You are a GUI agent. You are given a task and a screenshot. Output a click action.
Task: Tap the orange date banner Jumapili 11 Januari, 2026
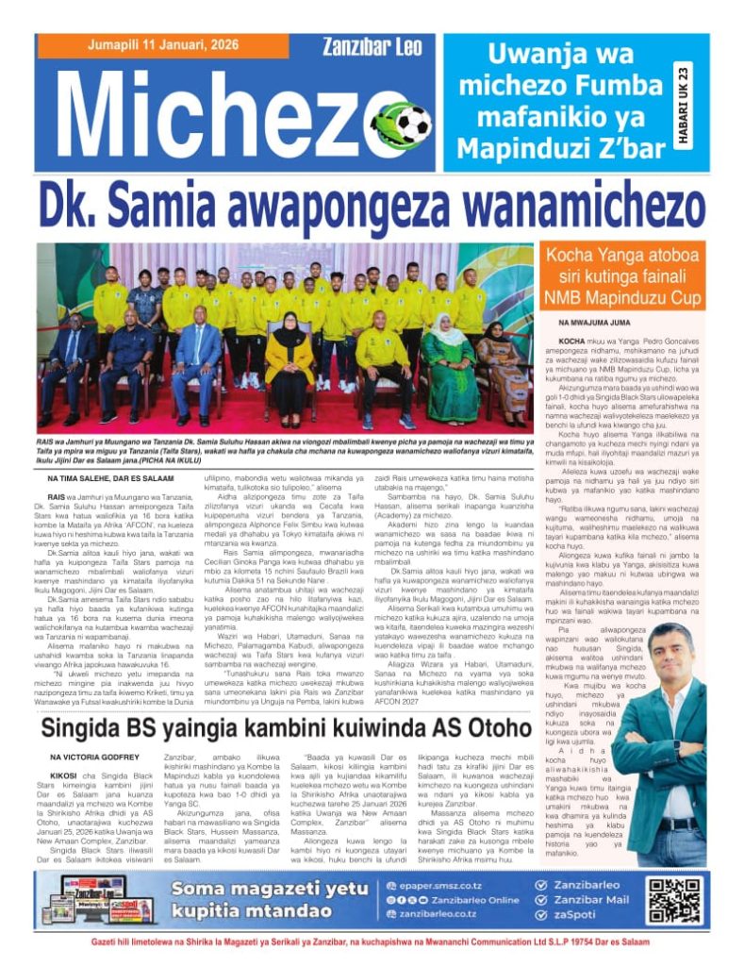(161, 46)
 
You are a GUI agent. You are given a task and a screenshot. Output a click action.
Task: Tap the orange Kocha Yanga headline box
(623, 275)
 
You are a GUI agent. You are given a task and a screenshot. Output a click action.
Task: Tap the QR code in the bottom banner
(675, 900)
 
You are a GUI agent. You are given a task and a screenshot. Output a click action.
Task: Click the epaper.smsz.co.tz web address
(442, 885)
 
